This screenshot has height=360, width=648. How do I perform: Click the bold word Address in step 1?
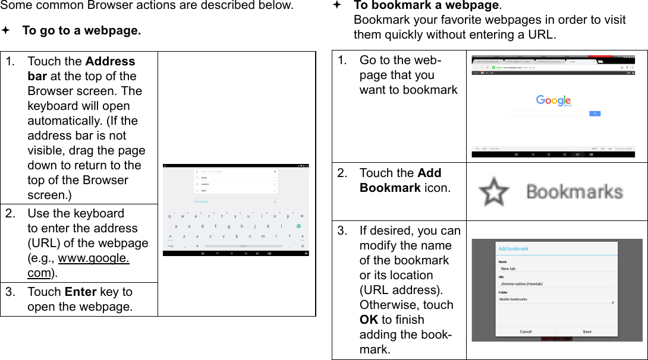(110, 61)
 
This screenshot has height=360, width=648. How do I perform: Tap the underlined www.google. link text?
(93, 258)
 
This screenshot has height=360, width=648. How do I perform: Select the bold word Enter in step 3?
(80, 292)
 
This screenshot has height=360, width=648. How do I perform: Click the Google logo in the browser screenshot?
(553, 101)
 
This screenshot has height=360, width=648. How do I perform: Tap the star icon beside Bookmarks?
(494, 192)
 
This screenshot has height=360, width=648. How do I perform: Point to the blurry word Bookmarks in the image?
(574, 192)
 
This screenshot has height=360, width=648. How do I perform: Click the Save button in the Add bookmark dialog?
(587, 331)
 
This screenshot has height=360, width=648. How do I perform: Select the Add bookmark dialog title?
(513, 249)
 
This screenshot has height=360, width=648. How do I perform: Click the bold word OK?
(369, 320)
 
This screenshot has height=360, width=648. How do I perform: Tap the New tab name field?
(556, 269)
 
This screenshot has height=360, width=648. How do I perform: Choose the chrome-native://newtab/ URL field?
(556, 284)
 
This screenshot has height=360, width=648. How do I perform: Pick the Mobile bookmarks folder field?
(556, 299)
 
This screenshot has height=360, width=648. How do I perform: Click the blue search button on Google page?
(594, 113)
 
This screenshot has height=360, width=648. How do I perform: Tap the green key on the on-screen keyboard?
(299, 226)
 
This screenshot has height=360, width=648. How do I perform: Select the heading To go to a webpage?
(81, 30)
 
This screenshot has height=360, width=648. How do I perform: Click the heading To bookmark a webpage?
(426, 5)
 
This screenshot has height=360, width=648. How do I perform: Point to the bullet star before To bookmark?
(337, 5)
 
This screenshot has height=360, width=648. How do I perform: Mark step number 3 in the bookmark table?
(342, 230)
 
